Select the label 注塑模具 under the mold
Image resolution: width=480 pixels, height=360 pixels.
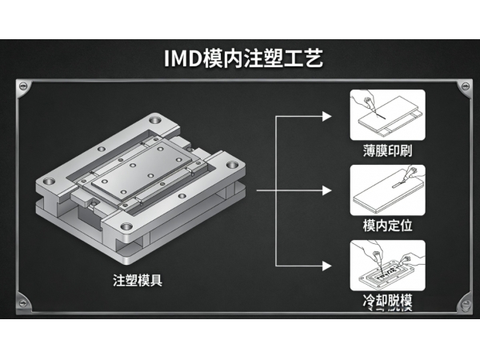tap(138, 281)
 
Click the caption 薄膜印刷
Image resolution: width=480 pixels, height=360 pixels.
tap(388, 150)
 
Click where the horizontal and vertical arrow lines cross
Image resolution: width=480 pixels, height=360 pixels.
tap(276, 191)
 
